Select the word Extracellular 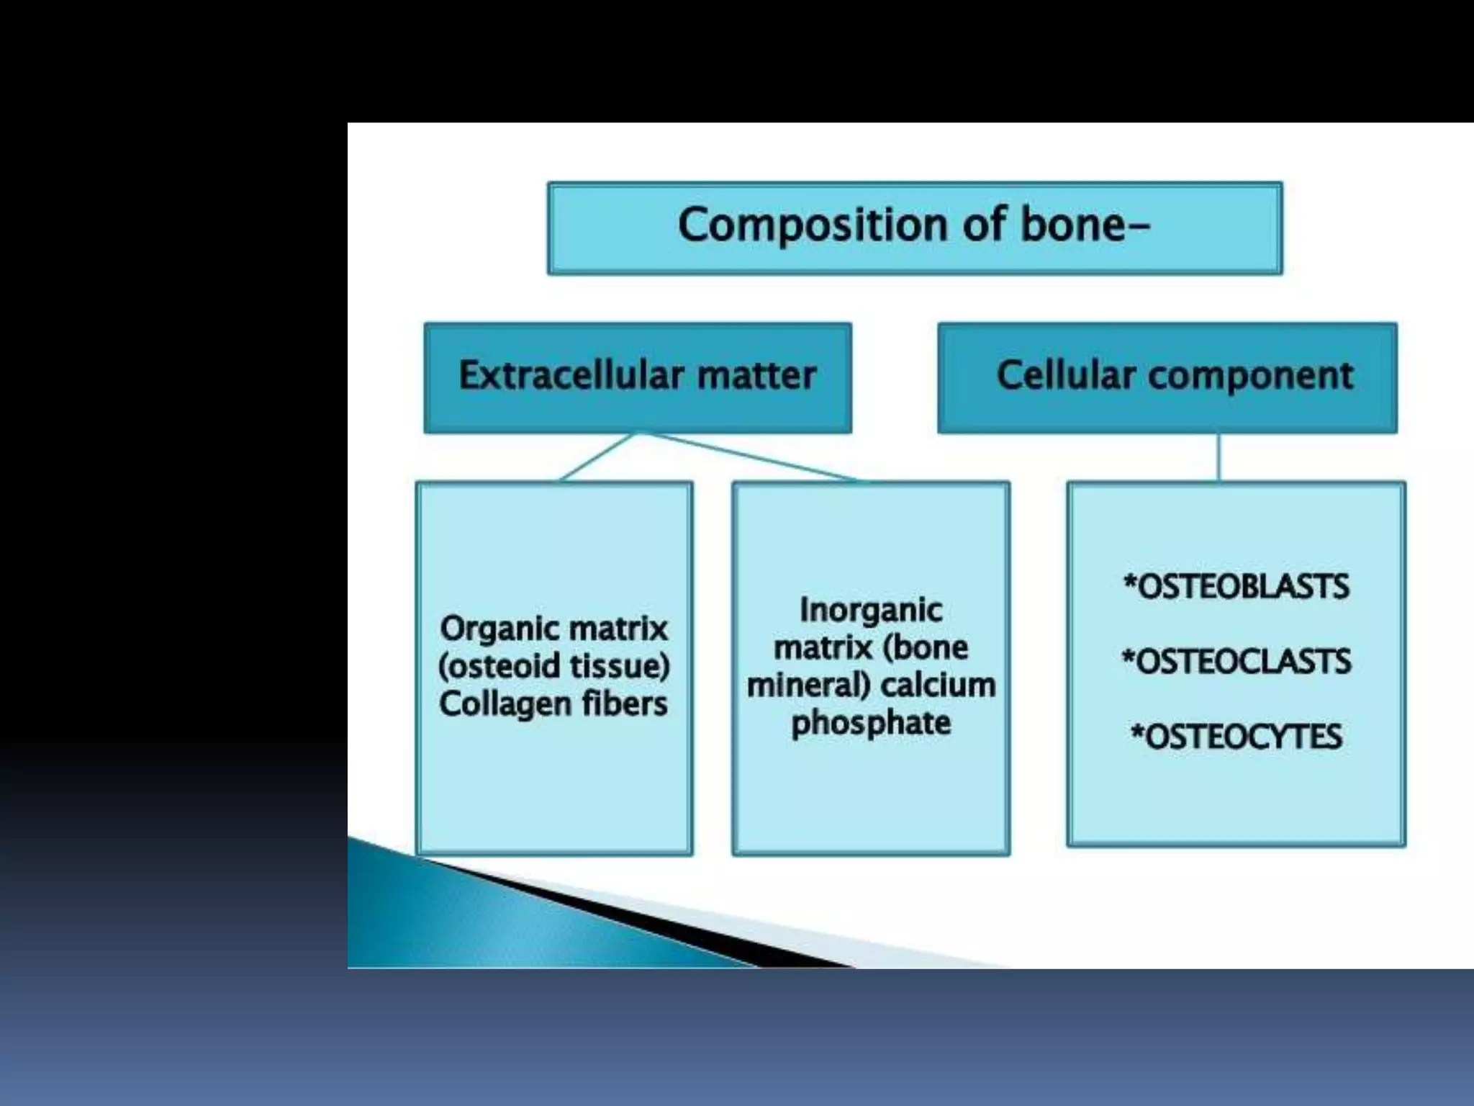(571, 375)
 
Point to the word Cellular (1065, 375)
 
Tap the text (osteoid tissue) (553, 666)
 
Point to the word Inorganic (871, 611)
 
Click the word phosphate (871, 723)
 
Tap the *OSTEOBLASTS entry (1236, 587)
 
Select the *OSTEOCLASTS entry (1236, 662)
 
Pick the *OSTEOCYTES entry (1236, 737)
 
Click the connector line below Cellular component (1218, 457)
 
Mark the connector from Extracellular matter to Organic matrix (597, 457)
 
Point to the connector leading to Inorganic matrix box (756, 457)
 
